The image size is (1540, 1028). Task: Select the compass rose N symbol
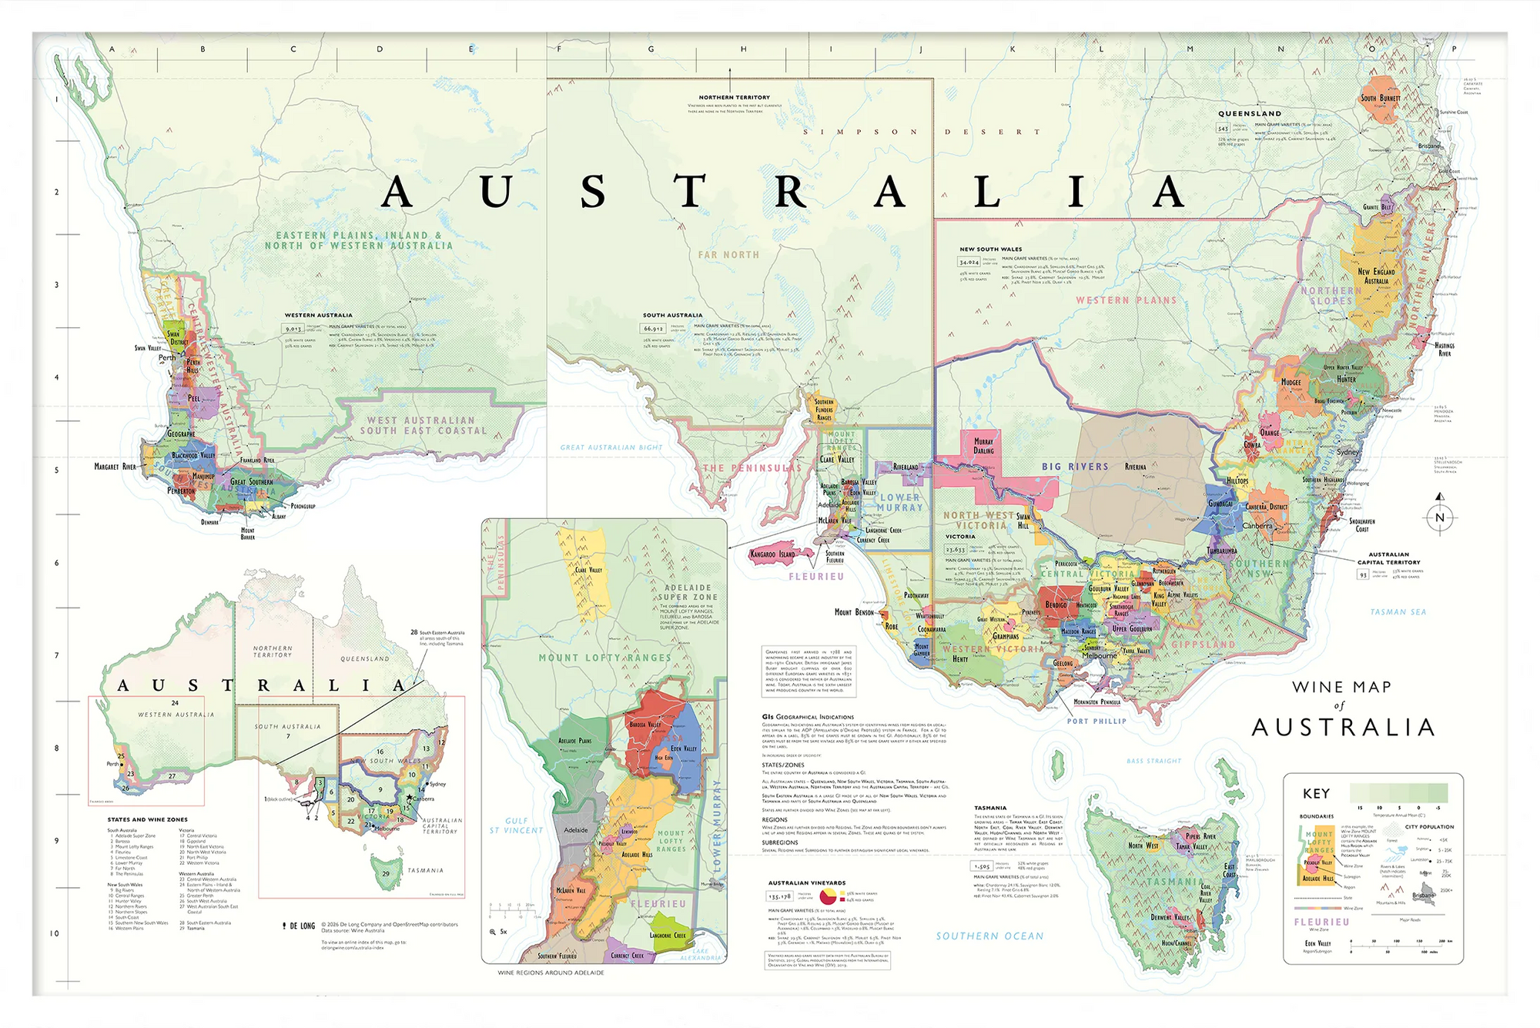pyautogui.click(x=1440, y=517)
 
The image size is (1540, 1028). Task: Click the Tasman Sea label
pyautogui.click(x=1398, y=612)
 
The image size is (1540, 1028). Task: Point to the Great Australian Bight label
pyautogui.click(x=611, y=447)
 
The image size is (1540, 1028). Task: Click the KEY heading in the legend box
pyautogui.click(x=1316, y=793)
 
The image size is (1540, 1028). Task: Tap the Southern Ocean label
pyautogui.click(x=989, y=936)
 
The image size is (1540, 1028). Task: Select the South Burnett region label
pyautogui.click(x=1381, y=99)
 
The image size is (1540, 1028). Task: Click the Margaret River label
pyautogui.click(x=115, y=467)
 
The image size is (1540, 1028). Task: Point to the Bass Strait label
pyautogui.click(x=1153, y=761)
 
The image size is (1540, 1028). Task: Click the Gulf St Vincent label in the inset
pyautogui.click(x=516, y=825)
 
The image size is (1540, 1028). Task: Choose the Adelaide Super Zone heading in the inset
pyautogui.click(x=688, y=592)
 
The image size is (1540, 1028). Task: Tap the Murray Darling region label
pyautogui.click(x=983, y=446)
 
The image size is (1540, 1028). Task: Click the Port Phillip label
pyautogui.click(x=1096, y=722)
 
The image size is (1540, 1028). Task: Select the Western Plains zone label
pyautogui.click(x=1126, y=300)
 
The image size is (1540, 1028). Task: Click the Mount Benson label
pyautogui.click(x=854, y=612)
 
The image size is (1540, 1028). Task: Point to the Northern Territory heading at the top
pyautogui.click(x=734, y=98)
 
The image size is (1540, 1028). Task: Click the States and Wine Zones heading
pyautogui.click(x=147, y=819)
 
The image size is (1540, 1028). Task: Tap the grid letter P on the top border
pyautogui.click(x=1454, y=49)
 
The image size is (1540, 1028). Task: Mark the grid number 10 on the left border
pyautogui.click(x=55, y=933)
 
